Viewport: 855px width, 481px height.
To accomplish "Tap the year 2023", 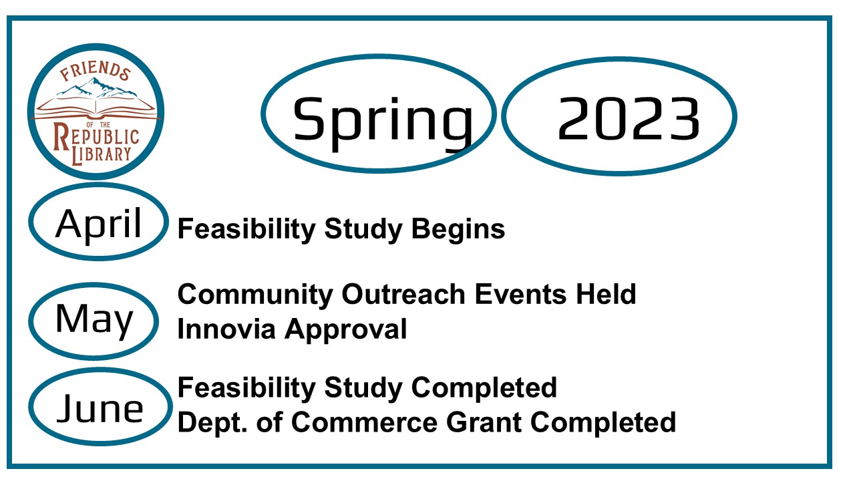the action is [x=629, y=118].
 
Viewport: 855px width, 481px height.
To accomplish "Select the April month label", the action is [x=98, y=224].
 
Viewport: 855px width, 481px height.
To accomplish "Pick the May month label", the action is [x=94, y=321].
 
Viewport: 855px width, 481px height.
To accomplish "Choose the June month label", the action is [x=100, y=408].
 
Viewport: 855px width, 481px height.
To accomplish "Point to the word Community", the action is [x=255, y=295].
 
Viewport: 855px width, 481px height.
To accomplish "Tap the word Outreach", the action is [x=403, y=295].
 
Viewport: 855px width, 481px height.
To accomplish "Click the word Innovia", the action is [x=226, y=329].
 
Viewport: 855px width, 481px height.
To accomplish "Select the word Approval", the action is [x=346, y=330].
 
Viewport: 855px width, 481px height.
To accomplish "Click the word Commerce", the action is [x=365, y=422].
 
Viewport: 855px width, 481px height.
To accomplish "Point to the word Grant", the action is [x=484, y=422].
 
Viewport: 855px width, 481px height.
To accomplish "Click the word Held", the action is [x=606, y=295].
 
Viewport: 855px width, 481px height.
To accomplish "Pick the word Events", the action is [x=520, y=295].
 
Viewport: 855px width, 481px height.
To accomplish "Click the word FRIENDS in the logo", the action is [x=96, y=71].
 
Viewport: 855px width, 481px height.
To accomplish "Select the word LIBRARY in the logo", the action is [x=102, y=154].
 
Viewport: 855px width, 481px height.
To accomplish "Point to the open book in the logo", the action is [x=96, y=108].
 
